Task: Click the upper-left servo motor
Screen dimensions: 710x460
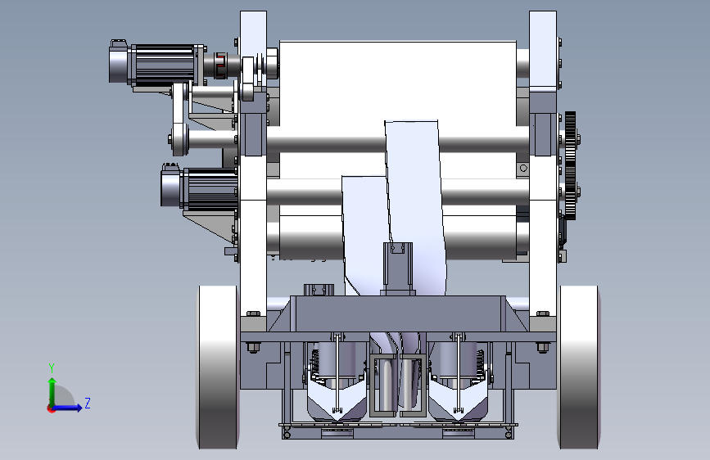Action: (157, 64)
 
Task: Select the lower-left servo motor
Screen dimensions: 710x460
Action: (199, 188)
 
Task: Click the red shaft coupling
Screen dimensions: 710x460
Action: (219, 65)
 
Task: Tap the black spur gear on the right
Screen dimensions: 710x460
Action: (571, 165)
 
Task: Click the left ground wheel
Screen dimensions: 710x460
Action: (218, 368)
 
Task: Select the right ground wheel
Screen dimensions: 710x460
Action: (579, 368)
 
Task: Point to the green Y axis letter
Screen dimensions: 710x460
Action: (52, 368)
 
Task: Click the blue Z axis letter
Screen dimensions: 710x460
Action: (88, 403)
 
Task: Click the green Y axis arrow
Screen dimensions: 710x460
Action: (52, 392)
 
